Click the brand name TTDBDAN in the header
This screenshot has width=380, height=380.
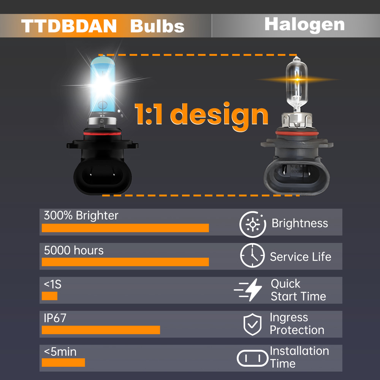(69, 26)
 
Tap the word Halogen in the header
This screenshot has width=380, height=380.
(304, 24)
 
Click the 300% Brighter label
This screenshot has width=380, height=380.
(81, 215)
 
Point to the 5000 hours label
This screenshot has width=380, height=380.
(73, 250)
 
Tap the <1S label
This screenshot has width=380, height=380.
(52, 284)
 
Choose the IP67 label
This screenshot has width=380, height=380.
(55, 318)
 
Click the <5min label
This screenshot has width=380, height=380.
(60, 351)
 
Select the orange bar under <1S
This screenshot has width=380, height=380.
(49, 296)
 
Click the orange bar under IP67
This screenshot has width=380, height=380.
(101, 330)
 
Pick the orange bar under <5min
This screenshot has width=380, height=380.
(63, 363)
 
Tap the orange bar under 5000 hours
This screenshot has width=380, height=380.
(125, 262)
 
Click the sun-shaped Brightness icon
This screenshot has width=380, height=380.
(252, 224)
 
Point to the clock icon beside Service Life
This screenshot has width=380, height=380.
(252, 255)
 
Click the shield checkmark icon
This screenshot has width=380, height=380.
(252, 324)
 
